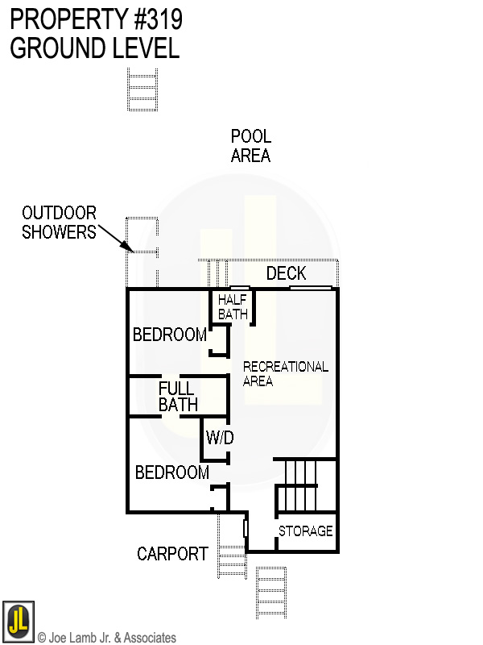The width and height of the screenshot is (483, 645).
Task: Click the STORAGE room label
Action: pyautogui.click(x=305, y=531)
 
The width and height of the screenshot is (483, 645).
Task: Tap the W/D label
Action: pyautogui.click(x=219, y=439)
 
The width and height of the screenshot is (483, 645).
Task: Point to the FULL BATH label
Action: pyautogui.click(x=177, y=396)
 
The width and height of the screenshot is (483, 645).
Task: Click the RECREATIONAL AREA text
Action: pyautogui.click(x=285, y=373)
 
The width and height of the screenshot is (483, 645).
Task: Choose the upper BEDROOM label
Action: pyautogui.click(x=169, y=335)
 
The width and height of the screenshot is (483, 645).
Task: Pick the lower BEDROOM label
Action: pyautogui.click(x=171, y=472)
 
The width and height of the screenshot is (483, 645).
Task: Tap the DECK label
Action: pyautogui.click(x=286, y=274)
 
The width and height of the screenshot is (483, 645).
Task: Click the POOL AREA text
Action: pyautogui.click(x=250, y=146)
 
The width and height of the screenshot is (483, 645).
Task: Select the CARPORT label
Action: pyautogui.click(x=172, y=554)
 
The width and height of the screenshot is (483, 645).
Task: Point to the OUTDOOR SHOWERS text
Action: pyautogui.click(x=59, y=223)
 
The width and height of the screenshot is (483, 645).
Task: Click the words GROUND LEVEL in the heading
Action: pyautogui.click(x=94, y=48)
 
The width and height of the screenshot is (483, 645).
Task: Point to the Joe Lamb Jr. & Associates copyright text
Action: pyautogui.click(x=106, y=638)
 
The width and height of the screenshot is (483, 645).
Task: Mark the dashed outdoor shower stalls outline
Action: pyautogui.click(x=142, y=250)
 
